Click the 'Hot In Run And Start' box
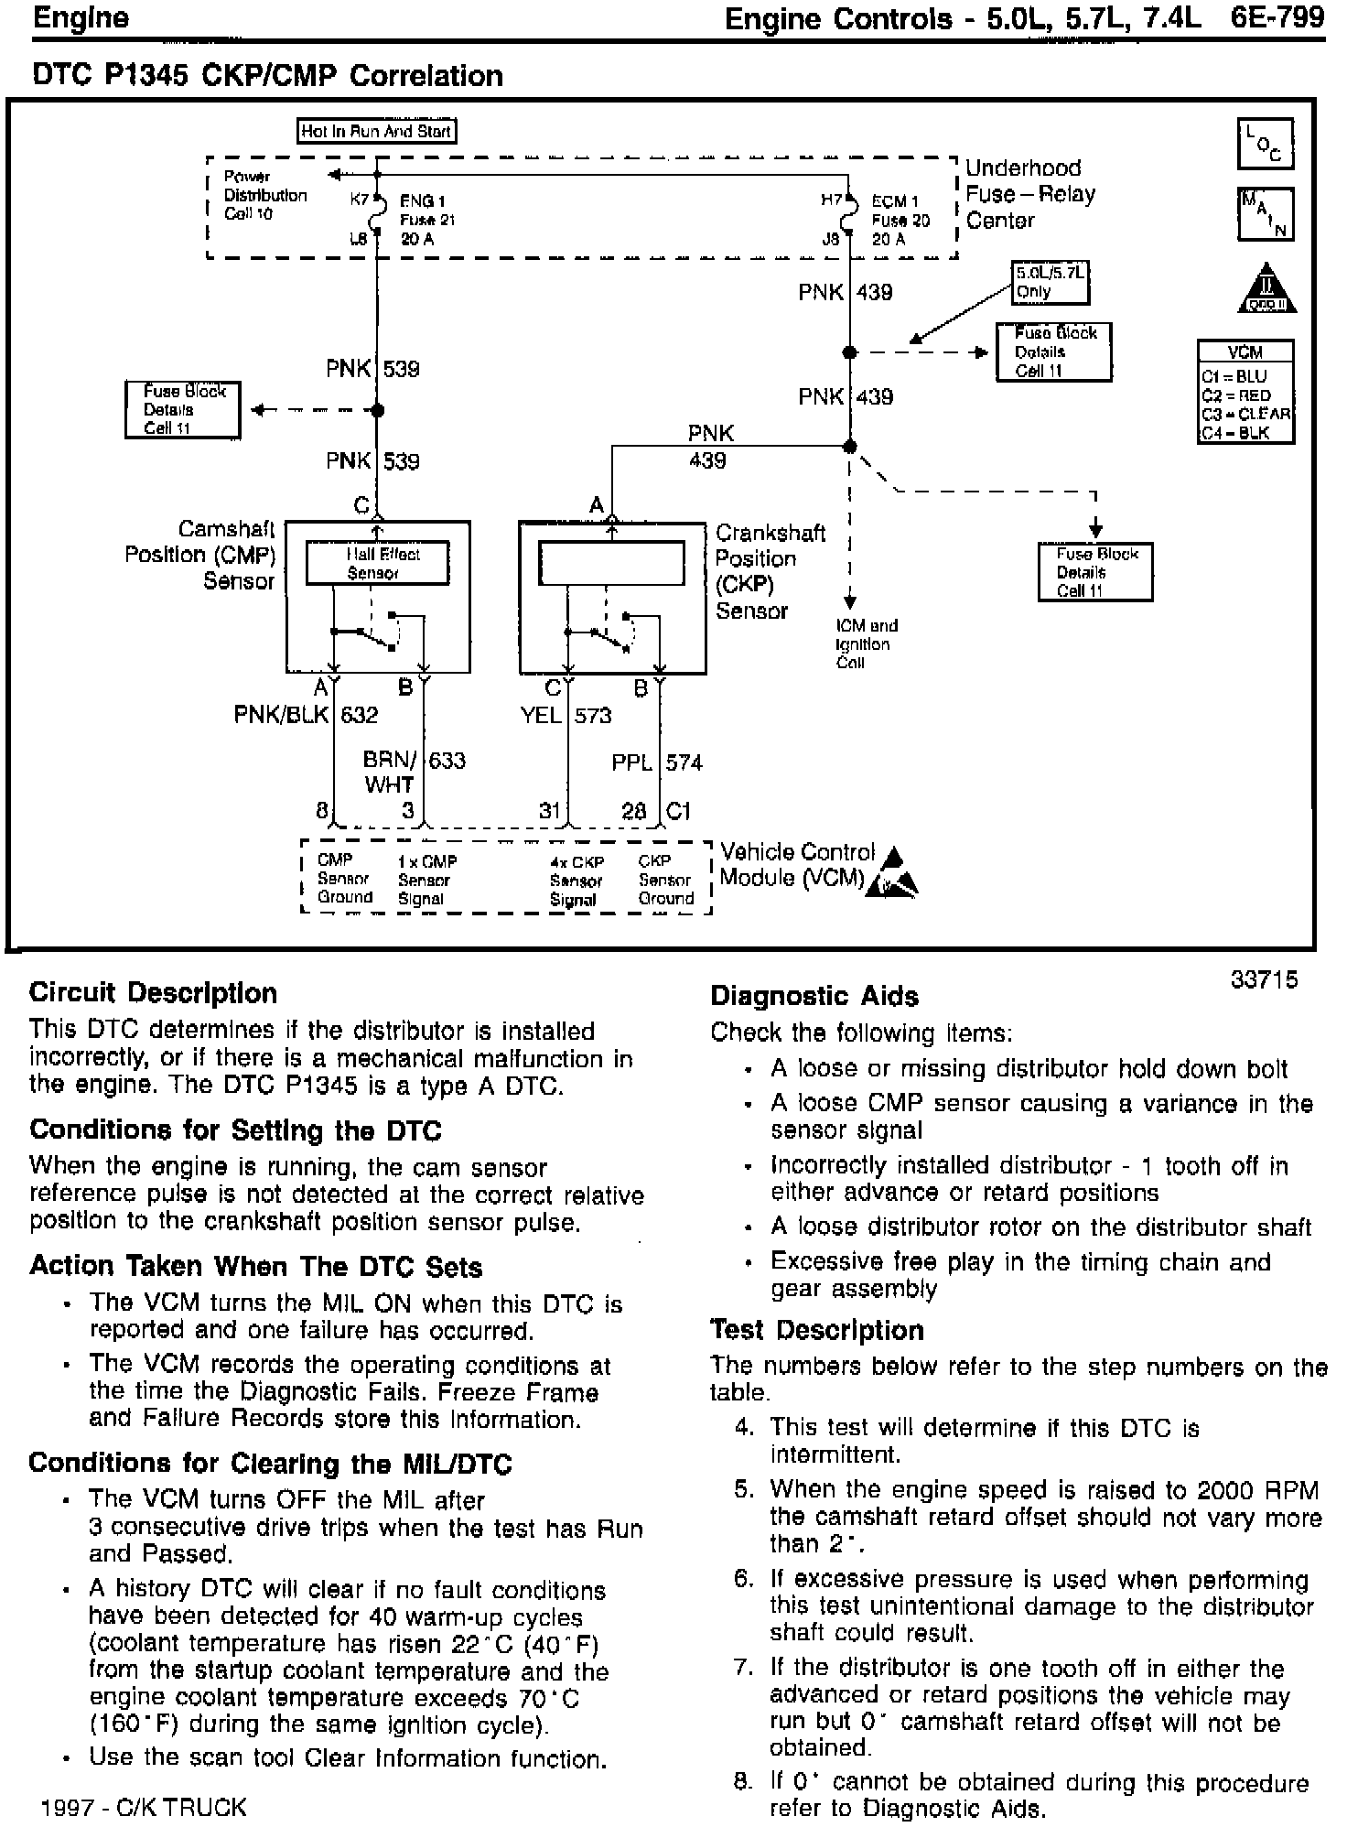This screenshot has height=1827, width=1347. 377,131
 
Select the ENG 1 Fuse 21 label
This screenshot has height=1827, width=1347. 426,220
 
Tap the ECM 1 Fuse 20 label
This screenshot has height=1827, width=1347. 900,220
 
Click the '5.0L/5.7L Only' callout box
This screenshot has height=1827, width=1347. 1051,282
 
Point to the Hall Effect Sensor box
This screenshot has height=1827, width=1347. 377,563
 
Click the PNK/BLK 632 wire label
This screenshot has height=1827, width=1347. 307,715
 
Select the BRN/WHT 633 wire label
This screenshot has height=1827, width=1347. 414,772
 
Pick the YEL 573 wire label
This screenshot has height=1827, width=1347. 566,715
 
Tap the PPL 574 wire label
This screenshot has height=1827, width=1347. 656,762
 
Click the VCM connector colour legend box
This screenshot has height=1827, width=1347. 1245,392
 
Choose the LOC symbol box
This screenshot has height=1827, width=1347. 1265,144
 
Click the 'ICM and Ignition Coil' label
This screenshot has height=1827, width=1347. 866,643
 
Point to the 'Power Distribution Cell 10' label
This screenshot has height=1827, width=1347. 265,195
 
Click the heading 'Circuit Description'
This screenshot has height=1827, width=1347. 153,993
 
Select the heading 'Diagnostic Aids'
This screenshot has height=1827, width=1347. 814,996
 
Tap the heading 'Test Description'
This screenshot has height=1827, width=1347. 817,1330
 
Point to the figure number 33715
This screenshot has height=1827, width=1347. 1264,979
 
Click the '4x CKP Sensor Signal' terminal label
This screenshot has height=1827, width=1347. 576,881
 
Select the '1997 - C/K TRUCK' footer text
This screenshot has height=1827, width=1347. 144,1807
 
